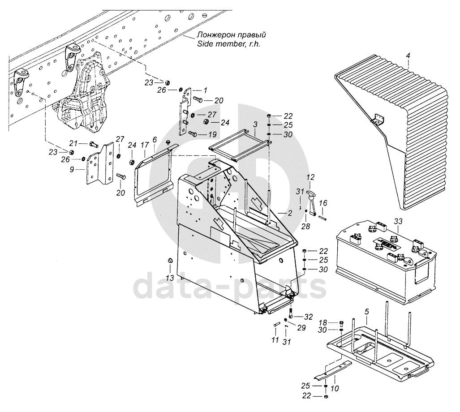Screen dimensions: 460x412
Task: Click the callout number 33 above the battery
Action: click(x=398, y=221)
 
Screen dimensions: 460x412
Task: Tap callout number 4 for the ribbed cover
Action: click(x=408, y=55)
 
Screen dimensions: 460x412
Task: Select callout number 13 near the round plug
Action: click(x=170, y=277)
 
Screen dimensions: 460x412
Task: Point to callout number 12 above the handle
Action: click(x=310, y=177)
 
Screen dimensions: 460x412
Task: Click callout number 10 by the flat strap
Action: click(x=335, y=389)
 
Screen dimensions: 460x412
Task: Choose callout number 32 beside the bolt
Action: click(x=309, y=317)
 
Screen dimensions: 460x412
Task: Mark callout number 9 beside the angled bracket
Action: click(x=72, y=169)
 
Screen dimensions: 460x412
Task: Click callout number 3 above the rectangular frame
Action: click(x=255, y=124)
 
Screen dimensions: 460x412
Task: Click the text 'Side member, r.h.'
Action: click(x=229, y=44)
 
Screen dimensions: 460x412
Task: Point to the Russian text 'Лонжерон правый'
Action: click(x=232, y=34)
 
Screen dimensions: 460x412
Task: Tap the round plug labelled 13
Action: click(x=170, y=261)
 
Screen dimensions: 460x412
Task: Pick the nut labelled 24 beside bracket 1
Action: click(x=206, y=122)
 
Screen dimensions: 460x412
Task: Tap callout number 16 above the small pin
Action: click(x=323, y=203)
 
